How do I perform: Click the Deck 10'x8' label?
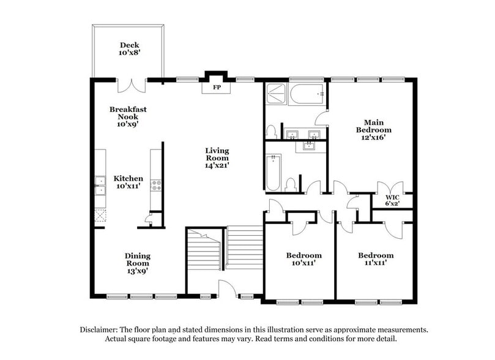[129, 49]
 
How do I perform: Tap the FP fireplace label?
[216, 88]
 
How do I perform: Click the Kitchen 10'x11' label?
[128, 182]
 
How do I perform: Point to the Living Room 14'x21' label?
[217, 157]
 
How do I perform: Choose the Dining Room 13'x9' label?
[138, 263]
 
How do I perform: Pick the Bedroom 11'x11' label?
[376, 259]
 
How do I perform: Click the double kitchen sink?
[100, 185]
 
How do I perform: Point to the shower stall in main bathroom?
[276, 94]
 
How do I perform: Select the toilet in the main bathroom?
[271, 131]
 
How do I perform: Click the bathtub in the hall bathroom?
[274, 172]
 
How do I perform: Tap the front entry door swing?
[227, 289]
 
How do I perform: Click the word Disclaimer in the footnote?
[100, 329]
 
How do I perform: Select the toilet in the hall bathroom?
[292, 183]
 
